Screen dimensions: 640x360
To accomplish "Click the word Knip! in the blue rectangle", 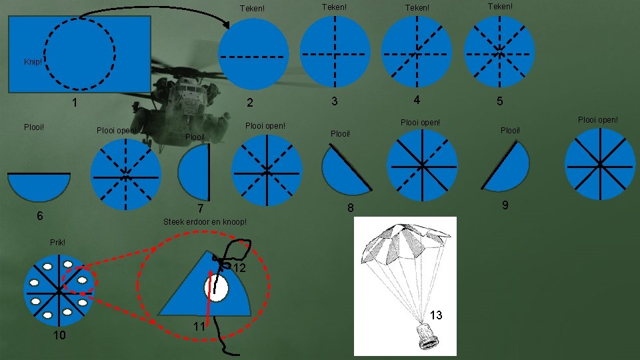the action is (x=33, y=62).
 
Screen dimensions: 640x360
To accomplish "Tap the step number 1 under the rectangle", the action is (x=74, y=103).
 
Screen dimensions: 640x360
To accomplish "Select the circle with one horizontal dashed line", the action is (x=253, y=54).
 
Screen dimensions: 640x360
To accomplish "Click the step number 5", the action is (x=499, y=101).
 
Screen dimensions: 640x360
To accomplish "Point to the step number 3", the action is (x=334, y=101).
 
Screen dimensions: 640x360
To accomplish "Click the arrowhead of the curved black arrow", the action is (x=226, y=25).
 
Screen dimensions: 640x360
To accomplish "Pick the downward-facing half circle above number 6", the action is (x=39, y=187).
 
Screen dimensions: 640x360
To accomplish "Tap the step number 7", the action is (x=201, y=209).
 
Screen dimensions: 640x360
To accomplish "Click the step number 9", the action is (x=505, y=205).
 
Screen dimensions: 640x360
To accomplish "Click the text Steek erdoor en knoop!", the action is (x=205, y=222).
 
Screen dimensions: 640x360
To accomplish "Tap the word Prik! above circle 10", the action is (x=57, y=243).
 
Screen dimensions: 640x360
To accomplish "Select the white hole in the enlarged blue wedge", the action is (x=216, y=288).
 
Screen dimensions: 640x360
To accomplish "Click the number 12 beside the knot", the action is (x=239, y=268).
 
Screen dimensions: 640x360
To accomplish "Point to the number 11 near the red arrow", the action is (x=199, y=327).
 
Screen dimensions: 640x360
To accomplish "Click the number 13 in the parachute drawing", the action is (x=436, y=315).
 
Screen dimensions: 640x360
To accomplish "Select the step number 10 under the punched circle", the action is (x=59, y=335).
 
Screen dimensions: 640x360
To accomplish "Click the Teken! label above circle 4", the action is (x=417, y=8).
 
